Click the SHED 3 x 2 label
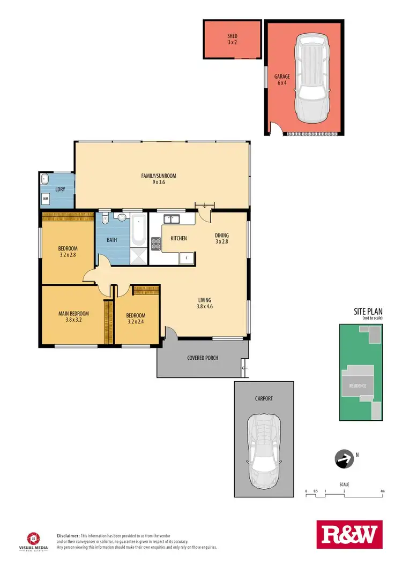(x=232, y=39)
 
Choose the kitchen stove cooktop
(x=156, y=244)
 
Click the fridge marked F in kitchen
(x=186, y=258)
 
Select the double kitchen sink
(x=173, y=218)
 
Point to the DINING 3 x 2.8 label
(x=222, y=238)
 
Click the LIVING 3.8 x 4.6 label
(x=204, y=303)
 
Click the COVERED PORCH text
(x=203, y=358)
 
